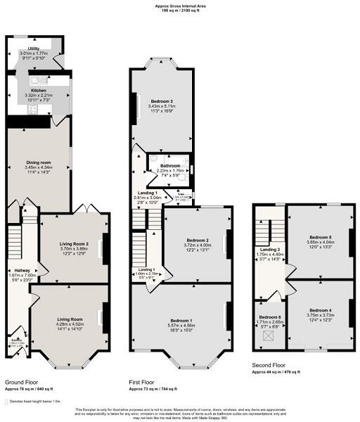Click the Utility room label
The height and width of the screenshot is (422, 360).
point(33,49)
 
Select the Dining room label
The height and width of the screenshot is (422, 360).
point(39,162)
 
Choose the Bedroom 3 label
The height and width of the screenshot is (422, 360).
point(162,101)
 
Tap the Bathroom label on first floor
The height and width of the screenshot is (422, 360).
point(171,165)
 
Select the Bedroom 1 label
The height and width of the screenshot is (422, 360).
point(179,320)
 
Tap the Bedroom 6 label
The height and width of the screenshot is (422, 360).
point(269,317)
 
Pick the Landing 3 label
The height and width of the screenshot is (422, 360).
point(271,250)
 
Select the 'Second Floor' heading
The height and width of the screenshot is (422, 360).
point(269,366)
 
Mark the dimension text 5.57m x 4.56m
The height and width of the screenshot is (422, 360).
point(179,325)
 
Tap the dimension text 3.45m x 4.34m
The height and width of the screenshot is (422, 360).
point(39,167)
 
